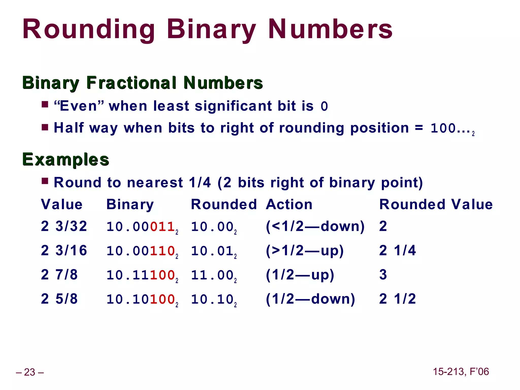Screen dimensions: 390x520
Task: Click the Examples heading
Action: point(66,159)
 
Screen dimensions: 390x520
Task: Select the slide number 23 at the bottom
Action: point(30,372)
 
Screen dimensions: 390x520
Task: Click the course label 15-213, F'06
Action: point(461,371)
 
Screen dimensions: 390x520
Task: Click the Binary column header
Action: point(130,204)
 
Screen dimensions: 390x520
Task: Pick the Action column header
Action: point(289,204)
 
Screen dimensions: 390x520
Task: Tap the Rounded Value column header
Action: point(436,204)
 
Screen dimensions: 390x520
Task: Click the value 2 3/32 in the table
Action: point(64,226)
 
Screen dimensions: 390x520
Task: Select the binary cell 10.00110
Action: point(141,251)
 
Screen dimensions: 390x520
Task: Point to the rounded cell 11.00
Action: point(212,275)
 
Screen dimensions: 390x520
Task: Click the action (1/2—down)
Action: point(310,299)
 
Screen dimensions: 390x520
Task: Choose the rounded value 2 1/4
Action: point(397,250)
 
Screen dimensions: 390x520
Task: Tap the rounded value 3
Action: point(383,275)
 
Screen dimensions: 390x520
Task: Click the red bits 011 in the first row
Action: point(162,226)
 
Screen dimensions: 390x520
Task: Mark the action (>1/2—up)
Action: point(305,251)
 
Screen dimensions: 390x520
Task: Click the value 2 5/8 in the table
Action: point(59,299)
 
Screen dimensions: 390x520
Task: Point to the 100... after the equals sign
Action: point(449,128)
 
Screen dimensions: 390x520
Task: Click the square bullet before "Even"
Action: point(45,104)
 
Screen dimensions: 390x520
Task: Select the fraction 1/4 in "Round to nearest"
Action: point(200,183)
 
